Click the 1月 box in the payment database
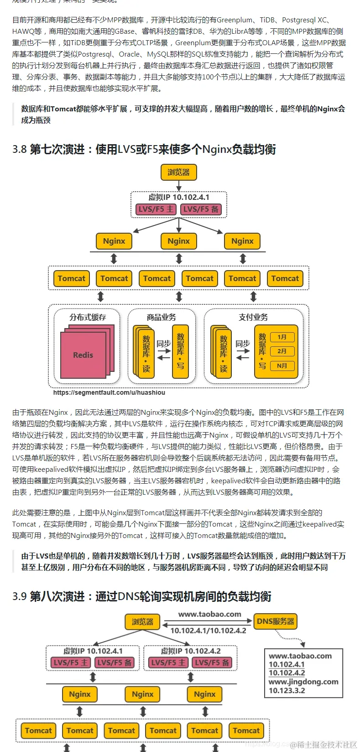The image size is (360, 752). pyautogui.click(x=282, y=337)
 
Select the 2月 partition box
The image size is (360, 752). pyautogui.click(x=282, y=351)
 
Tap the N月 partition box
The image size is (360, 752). pyautogui.click(x=282, y=366)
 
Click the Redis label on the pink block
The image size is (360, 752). pyautogui.click(x=83, y=355)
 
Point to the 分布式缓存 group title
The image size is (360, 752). pyautogui.click(x=88, y=317)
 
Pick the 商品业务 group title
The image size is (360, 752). pyautogui.click(x=162, y=317)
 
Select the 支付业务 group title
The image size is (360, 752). pyautogui.click(x=254, y=317)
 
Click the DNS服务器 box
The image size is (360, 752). pyautogui.click(x=276, y=621)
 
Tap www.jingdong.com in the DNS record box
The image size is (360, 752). pyautogui.click(x=303, y=682)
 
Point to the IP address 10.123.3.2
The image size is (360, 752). pyautogui.click(x=287, y=690)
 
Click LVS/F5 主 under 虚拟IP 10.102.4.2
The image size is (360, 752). pyautogui.click(x=168, y=663)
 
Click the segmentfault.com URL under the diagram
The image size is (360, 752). pyautogui.click(x=109, y=392)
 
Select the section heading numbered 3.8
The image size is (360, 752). pyautogui.click(x=144, y=149)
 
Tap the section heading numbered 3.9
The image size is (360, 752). pyautogui.click(x=141, y=596)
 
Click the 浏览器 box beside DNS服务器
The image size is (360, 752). pyautogui.click(x=142, y=621)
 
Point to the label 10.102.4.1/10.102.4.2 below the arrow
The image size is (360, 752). pyautogui.click(x=208, y=631)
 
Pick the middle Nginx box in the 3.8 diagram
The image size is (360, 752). pyautogui.click(x=178, y=241)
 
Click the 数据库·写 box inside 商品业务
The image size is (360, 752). pyautogui.click(x=180, y=351)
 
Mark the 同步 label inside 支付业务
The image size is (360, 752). pyautogui.click(x=243, y=344)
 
